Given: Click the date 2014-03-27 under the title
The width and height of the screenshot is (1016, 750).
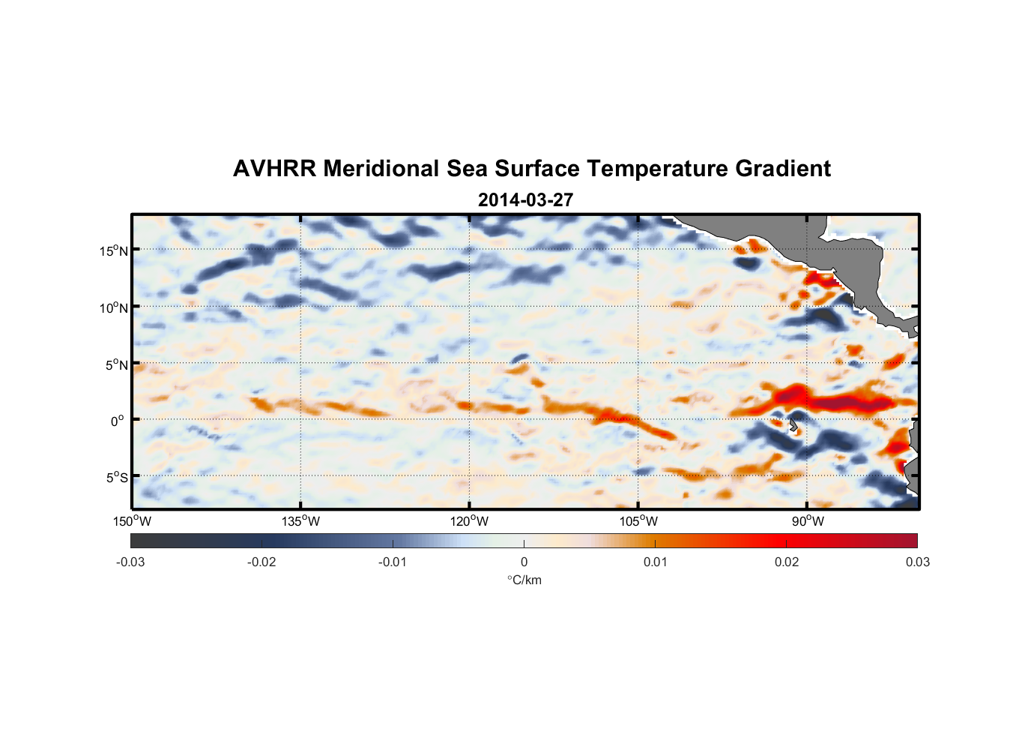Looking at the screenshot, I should tap(525, 200).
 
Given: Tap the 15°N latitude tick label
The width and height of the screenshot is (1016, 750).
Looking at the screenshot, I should tap(114, 250).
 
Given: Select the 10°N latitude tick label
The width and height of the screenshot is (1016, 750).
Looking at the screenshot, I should tap(114, 307).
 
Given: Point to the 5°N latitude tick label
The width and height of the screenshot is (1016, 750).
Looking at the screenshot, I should tap(116, 364).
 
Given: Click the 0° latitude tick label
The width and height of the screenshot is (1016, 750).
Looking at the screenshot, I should tap(118, 421).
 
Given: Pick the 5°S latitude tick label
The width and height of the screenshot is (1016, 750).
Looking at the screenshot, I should tap(116, 478).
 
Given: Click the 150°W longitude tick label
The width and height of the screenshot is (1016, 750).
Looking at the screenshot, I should tap(132, 521).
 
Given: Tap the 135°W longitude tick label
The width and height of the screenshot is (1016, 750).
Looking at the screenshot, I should tap(300, 521).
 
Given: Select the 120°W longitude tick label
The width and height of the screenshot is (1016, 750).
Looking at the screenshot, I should tap(469, 521).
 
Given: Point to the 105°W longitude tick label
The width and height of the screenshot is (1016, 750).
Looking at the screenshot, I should tap(638, 521).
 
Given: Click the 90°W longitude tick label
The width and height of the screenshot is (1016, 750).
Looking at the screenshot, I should tap(808, 521).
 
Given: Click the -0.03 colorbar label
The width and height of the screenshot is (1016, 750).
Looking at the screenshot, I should tap(130, 562).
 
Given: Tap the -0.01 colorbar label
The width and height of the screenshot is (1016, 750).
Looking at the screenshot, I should tap(393, 562).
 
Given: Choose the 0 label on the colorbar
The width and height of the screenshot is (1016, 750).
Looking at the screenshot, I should tap(524, 562).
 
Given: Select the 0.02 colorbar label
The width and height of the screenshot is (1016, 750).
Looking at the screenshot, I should tap(787, 562).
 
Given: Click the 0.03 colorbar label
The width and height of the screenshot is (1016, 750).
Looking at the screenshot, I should tap(917, 562).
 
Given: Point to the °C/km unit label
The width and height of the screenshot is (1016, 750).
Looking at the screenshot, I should tap(524, 580).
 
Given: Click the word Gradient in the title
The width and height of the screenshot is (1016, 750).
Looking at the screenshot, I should tap(783, 169).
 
